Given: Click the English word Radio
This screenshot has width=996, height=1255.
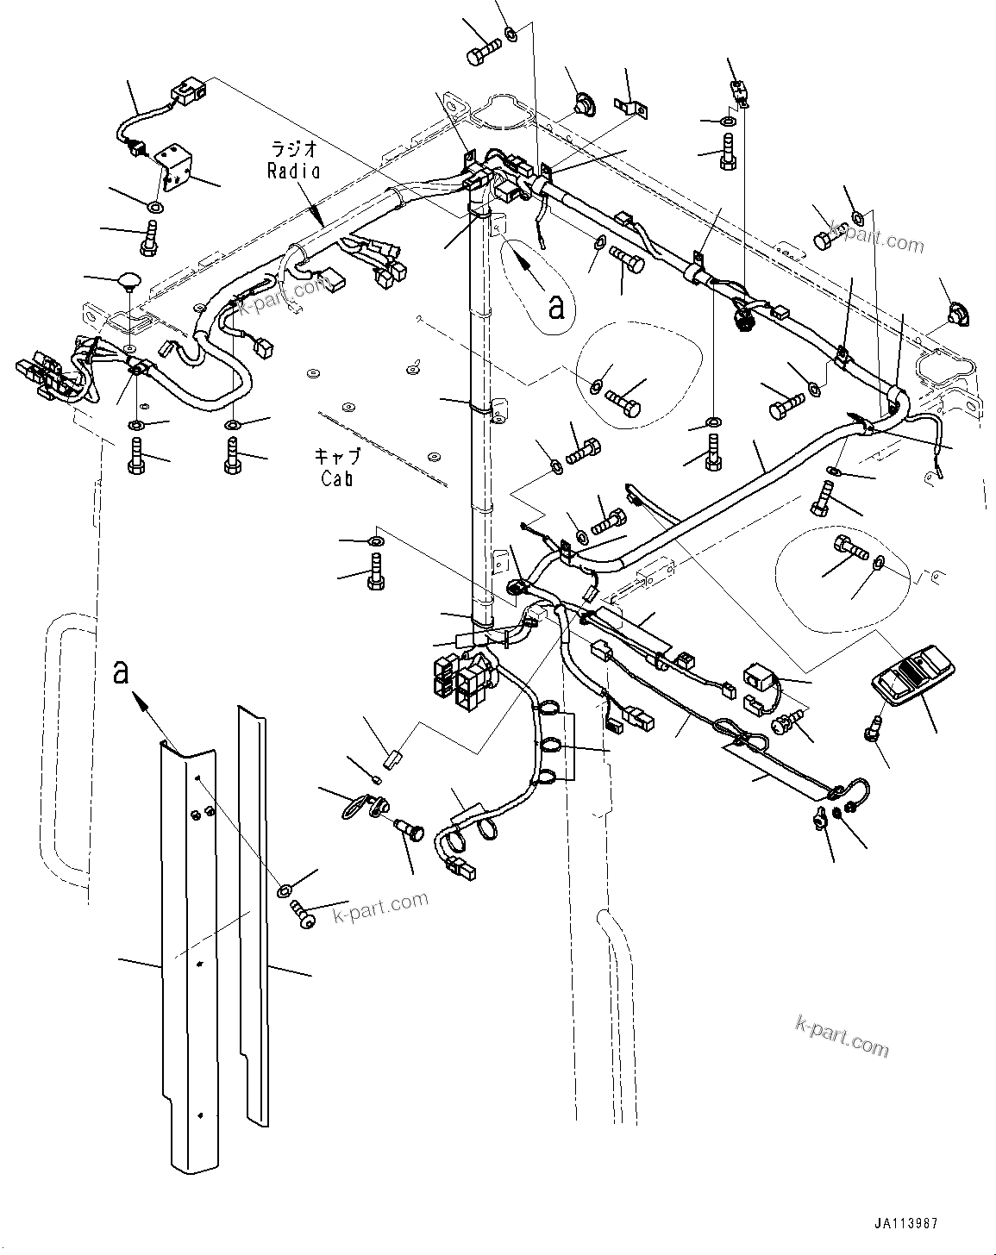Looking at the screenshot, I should (293, 171).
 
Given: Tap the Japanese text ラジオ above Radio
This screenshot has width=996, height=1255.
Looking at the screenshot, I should (292, 149).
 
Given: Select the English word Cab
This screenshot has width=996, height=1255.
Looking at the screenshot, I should (336, 479).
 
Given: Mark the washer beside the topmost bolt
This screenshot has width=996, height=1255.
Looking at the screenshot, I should (511, 35).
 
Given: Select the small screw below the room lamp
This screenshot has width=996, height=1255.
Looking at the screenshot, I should (872, 729).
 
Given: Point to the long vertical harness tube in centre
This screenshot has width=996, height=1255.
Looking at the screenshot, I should (479, 414).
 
